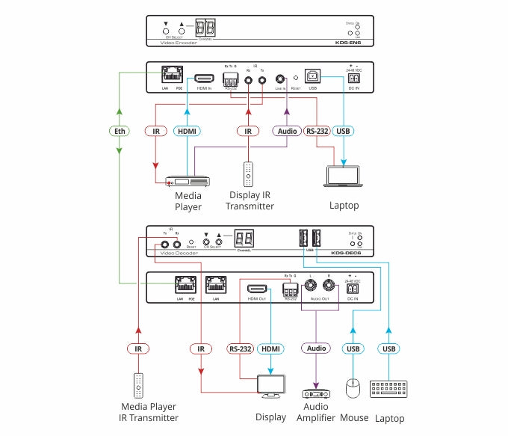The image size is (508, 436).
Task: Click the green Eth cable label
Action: [118, 131]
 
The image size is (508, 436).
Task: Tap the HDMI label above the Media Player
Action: [187, 131]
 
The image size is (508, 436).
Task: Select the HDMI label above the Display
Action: [270, 349]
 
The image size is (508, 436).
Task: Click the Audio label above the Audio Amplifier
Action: [316, 349]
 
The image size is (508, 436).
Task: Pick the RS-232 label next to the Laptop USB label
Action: [316, 131]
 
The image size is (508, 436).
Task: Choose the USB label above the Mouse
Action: [353, 349]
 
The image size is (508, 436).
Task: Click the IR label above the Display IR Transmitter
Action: [247, 131]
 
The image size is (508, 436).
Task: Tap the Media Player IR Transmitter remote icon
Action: [138, 386]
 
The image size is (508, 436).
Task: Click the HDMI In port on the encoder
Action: [204, 77]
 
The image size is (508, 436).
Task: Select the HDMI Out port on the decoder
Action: [258, 288]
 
